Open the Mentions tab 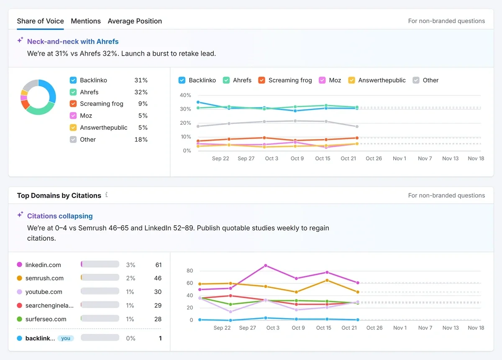point(86,21)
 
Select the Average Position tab point(135,21)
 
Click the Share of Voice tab point(40,21)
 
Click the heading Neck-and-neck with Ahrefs point(73,41)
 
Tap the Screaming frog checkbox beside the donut point(73,104)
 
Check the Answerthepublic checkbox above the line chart point(352,80)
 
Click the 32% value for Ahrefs point(141,92)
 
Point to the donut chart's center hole point(38,97)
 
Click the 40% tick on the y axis point(185,95)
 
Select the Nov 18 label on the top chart point(476,158)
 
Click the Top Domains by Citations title point(59,195)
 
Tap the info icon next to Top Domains point(107,195)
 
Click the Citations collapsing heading point(60,216)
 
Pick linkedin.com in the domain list point(43,265)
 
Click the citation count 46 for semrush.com point(158,278)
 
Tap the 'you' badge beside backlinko point(66,338)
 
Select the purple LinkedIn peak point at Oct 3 point(266,265)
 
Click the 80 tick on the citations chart point(190,271)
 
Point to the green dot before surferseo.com point(19,319)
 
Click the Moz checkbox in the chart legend point(323,80)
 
